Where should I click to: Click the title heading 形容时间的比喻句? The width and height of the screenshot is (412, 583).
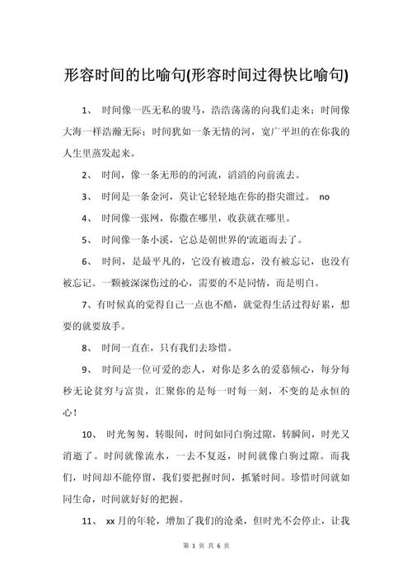[x=206, y=76]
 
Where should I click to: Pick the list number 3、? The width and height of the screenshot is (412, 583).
[x=87, y=197]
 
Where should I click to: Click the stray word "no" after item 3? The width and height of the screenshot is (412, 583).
[x=324, y=197]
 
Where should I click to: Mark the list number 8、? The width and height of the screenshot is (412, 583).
[x=87, y=348]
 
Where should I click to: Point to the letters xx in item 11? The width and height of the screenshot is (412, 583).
[x=110, y=521]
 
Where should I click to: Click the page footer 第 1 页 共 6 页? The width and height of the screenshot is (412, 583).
[x=206, y=568]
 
